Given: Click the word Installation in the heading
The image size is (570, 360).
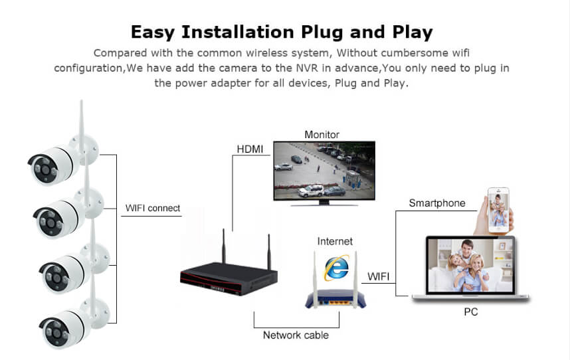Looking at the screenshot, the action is click(x=238, y=32).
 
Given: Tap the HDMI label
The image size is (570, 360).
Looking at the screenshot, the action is click(x=250, y=149).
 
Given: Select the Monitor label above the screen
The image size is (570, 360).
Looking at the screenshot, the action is click(x=322, y=135).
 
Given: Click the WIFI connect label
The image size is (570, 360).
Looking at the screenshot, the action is click(x=153, y=208).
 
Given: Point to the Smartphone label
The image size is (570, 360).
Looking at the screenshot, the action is click(x=437, y=203).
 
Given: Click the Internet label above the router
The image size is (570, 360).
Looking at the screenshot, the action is click(x=335, y=241).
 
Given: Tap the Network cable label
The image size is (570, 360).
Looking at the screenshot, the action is click(x=296, y=335).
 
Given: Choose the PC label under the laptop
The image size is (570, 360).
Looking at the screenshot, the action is click(x=471, y=312).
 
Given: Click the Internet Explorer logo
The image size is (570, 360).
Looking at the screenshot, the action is click(x=337, y=268).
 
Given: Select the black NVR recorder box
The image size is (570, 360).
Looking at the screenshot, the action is click(x=229, y=278).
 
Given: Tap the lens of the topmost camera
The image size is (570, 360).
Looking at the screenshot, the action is click(x=45, y=169).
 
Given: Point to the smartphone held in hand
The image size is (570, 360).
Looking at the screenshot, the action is click(x=498, y=210).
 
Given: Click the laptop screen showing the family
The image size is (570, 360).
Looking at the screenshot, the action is click(x=470, y=265).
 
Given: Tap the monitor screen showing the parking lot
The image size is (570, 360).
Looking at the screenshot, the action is click(x=324, y=170).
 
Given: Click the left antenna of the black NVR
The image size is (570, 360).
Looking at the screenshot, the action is click(x=224, y=246).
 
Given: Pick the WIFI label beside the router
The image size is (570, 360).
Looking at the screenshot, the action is click(x=378, y=276).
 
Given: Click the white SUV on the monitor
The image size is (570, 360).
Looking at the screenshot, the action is click(x=311, y=191).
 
